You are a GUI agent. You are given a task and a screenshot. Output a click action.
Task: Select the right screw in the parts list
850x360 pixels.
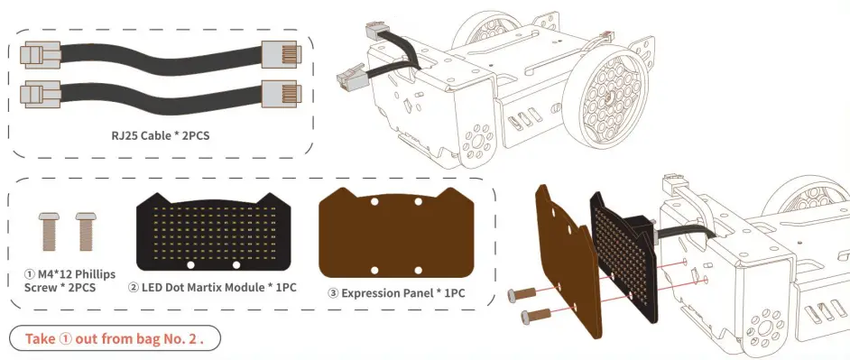tap(85, 232)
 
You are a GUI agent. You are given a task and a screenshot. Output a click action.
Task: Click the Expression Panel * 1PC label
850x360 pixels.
tap(402, 292)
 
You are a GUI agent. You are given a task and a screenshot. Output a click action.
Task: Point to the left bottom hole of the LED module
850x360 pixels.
tap(189, 265)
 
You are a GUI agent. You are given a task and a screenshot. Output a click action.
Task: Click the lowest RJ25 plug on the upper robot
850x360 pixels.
tap(353, 80)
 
